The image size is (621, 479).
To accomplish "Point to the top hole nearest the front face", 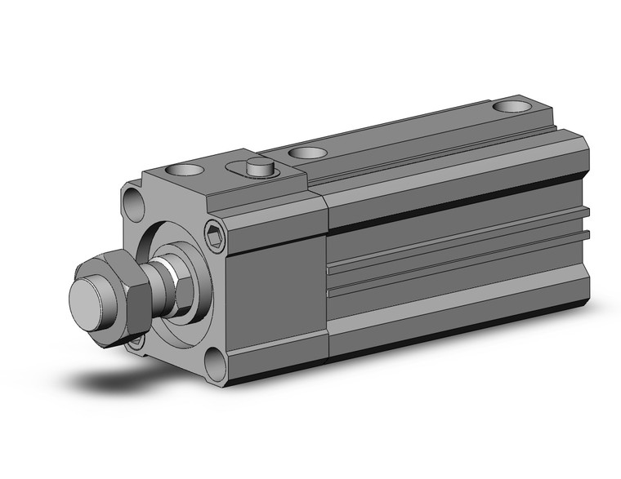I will pyautogui.click(x=185, y=171).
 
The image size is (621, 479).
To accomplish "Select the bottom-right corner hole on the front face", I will pyautogui.click(x=215, y=363).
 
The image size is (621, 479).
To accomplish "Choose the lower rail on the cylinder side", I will pyautogui.click(x=458, y=274).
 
